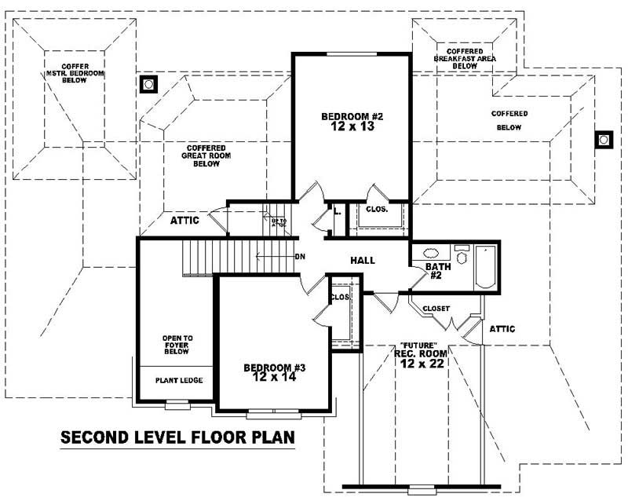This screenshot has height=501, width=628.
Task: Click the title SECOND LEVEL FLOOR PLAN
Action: coord(177,437)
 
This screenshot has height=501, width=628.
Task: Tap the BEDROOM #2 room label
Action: coord(352,123)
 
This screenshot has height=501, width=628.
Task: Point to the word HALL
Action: coord(363,261)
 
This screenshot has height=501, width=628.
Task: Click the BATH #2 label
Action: coord(438,272)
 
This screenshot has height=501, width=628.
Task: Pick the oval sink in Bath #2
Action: coord(432,254)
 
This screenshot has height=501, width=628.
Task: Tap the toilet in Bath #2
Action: coord(462,253)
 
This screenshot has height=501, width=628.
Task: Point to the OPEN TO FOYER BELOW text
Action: coord(177,346)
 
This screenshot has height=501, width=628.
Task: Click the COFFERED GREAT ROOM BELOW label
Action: coord(206,155)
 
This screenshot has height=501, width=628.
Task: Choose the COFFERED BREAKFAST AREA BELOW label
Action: coord(465,58)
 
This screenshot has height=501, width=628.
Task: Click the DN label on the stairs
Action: coord(299,257)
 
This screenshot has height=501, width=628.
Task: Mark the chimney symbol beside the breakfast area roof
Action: coord(604,140)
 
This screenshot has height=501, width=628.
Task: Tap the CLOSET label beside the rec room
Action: coord(436,309)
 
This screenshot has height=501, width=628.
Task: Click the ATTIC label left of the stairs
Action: coord(184,221)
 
